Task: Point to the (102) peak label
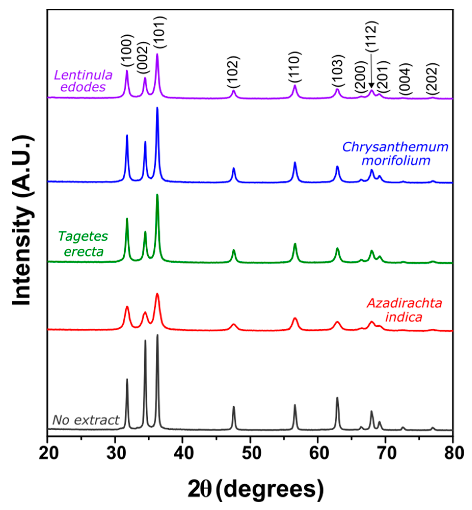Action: tap(233, 72)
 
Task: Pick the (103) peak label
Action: tap(338, 71)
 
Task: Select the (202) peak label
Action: tap(433, 78)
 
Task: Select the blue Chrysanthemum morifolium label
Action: tap(395, 154)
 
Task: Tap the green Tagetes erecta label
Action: tap(83, 244)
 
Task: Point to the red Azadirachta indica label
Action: tap(404, 310)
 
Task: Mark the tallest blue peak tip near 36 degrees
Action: tap(157, 108)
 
